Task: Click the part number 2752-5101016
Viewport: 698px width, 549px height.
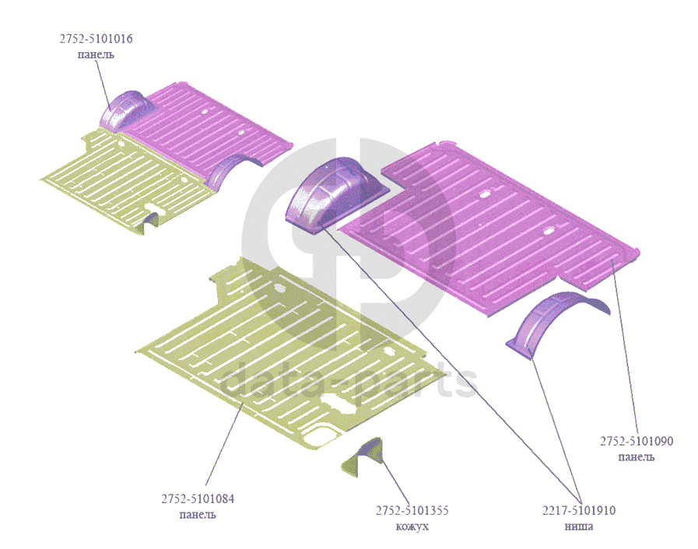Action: (96, 38)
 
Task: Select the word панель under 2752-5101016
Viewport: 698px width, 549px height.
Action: (96, 54)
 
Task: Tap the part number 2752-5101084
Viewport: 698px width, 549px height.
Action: (198, 498)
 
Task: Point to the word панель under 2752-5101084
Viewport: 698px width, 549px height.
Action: (198, 514)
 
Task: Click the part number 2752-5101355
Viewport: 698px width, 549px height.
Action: (412, 511)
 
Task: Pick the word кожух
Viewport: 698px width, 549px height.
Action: (412, 526)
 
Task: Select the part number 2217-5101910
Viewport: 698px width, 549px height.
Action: (578, 511)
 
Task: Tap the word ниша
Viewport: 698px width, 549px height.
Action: (578, 526)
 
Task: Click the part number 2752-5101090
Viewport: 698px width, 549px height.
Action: (636, 441)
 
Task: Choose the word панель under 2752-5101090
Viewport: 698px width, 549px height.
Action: (636, 456)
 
